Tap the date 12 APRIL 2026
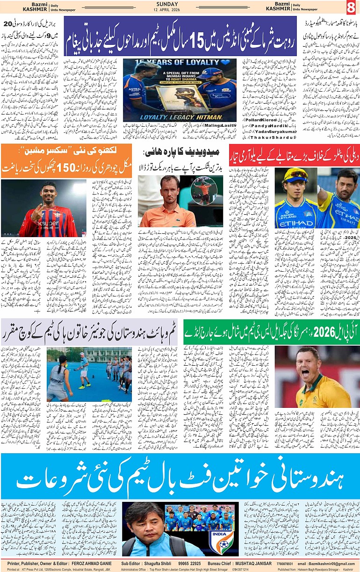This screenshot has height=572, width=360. tap(180, 10)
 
